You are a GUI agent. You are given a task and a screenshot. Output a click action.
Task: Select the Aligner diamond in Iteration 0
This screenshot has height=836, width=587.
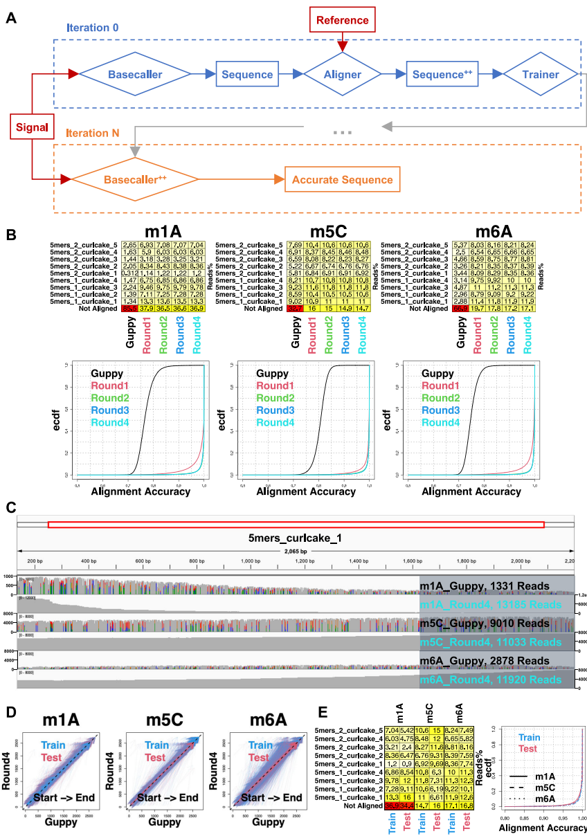[342, 74]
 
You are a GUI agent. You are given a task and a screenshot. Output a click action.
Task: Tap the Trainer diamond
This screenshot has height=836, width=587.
[541, 74]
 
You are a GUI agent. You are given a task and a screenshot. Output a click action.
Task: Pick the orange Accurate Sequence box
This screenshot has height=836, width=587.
[342, 180]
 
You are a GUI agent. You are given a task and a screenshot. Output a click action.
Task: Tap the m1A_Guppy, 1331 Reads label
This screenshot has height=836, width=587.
[485, 586]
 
